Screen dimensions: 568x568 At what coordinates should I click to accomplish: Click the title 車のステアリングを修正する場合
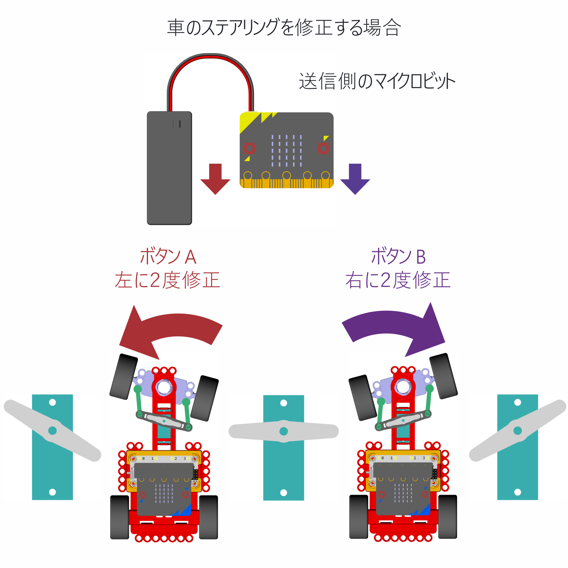tap(284, 27)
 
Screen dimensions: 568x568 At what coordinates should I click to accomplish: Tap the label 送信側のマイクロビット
tap(377, 81)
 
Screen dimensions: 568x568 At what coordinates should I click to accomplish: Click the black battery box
tap(169, 168)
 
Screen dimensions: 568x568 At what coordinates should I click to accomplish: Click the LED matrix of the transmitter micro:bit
tap(286, 151)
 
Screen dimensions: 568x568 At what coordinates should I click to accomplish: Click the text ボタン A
tap(168, 257)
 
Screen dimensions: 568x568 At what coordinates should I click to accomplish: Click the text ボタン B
tap(398, 257)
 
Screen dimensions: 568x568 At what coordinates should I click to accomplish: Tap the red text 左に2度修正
tap(167, 280)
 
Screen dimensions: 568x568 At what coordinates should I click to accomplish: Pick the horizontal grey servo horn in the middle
tap(284, 431)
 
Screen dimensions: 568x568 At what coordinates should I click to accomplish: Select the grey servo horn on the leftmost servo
tap(52, 430)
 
